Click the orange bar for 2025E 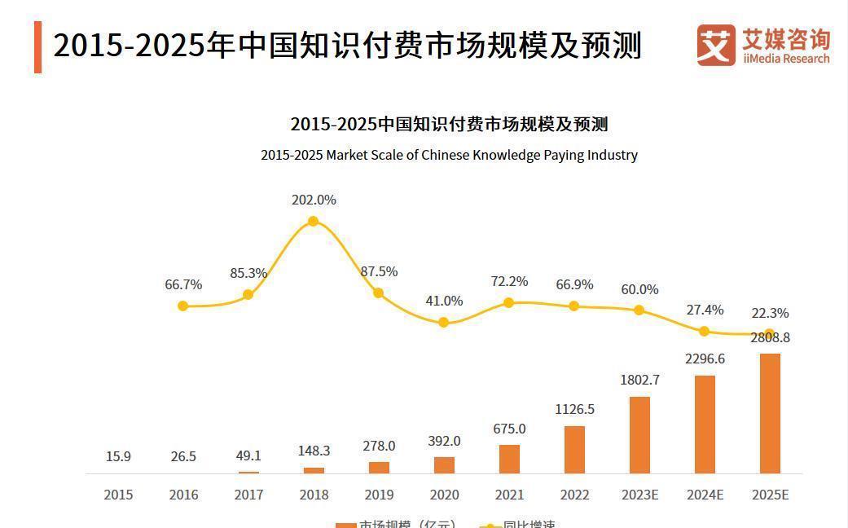tap(770, 413)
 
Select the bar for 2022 tap(574, 449)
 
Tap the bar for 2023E tap(639, 434)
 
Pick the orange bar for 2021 tap(509, 459)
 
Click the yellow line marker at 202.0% tap(313, 221)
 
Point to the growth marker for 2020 tap(444, 323)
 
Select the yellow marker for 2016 tap(183, 306)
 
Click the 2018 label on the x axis tap(314, 495)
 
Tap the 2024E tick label tap(705, 495)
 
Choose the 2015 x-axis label tap(118, 495)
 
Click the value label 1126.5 tap(574, 409)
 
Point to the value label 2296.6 tap(705, 359)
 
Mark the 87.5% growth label tap(379, 271)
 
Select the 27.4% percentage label tap(705, 310)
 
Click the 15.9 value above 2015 tap(118, 456)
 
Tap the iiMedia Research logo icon tap(716, 45)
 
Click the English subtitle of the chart tap(449, 155)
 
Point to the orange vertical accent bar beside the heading tap(37, 46)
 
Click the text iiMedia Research tap(786, 59)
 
